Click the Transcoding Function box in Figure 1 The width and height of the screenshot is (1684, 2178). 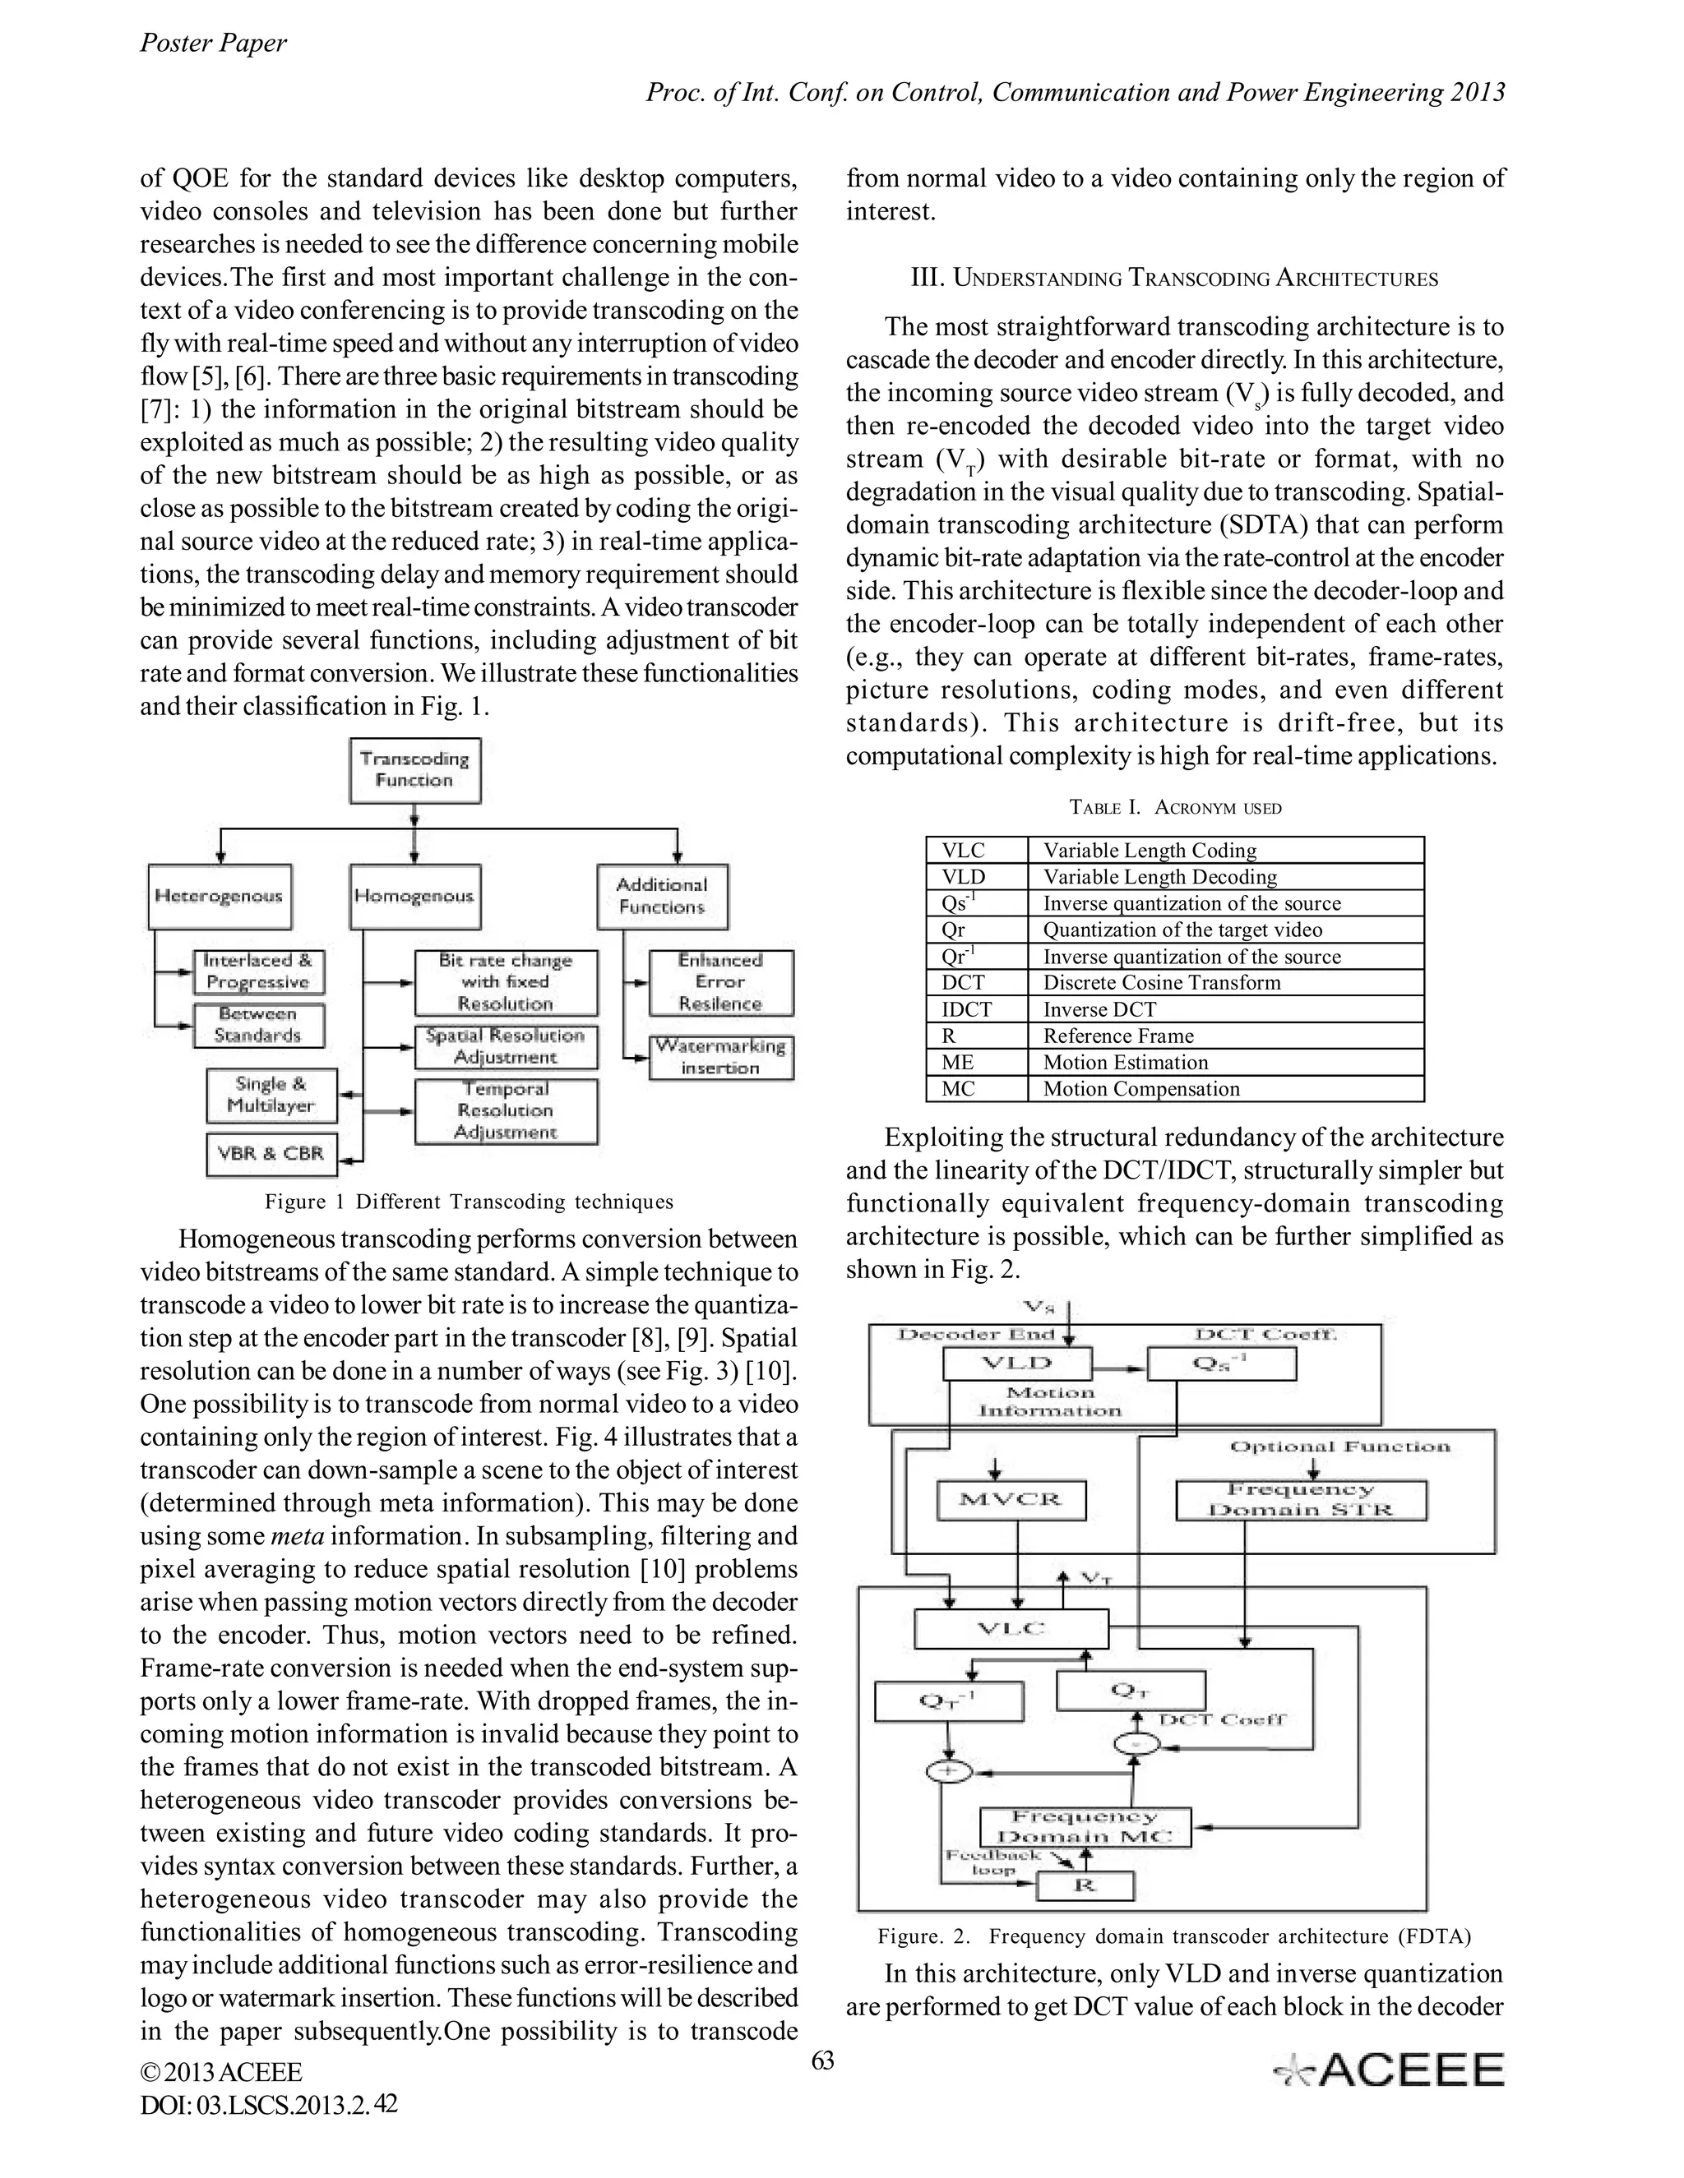pos(415,770)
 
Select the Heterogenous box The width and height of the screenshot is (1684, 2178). pos(220,897)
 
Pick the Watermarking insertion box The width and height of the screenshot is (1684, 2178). pos(720,1057)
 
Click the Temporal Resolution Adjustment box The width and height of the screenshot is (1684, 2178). pos(506,1111)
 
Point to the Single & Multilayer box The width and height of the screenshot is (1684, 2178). pos(271,1095)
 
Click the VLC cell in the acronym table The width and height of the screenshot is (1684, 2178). pos(976,851)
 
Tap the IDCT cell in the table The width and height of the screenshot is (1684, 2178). pos(976,1009)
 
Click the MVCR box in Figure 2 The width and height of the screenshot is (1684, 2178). pos(1011,1500)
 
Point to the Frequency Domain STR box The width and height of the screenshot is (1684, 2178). pos(1300,1500)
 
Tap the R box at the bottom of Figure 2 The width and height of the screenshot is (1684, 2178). pos(1085,1885)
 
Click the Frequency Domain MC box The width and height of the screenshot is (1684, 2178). pos(1085,1827)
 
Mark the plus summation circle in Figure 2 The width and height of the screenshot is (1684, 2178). pos(949,1771)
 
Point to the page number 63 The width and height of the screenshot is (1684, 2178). pos(822,2060)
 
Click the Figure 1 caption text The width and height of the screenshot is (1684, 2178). pos(469,1202)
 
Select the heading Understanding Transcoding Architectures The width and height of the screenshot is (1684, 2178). pos(1174,279)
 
